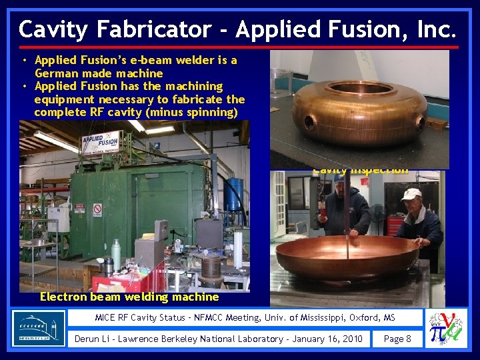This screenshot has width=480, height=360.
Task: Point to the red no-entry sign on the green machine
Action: [x=97, y=211]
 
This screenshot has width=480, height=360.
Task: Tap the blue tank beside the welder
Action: [x=233, y=194]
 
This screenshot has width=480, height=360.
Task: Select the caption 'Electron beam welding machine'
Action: [x=129, y=297]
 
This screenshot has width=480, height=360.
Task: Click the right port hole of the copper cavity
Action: [x=420, y=122]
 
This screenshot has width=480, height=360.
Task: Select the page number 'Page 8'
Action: [x=397, y=339]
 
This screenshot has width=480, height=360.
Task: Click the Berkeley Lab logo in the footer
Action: [x=39, y=329]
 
